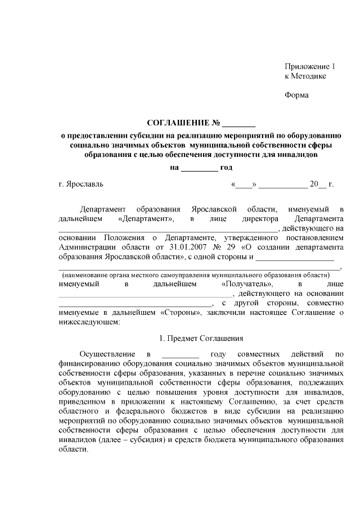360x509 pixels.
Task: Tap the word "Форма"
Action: tap(296, 95)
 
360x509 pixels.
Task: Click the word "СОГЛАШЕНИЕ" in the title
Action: tap(178, 123)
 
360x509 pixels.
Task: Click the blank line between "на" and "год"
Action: tap(200, 168)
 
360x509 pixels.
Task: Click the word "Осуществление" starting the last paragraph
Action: tap(107, 354)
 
